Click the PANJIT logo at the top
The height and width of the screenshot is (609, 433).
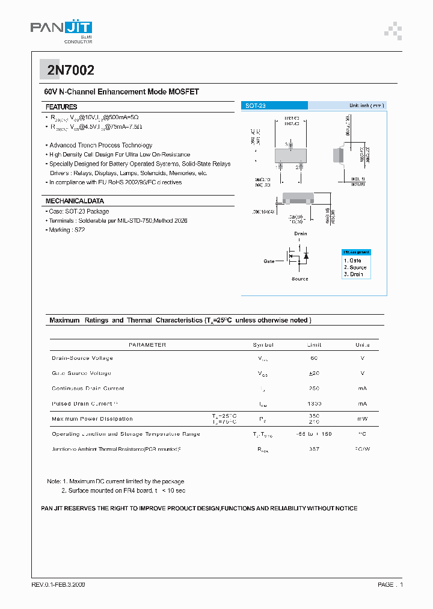[61, 28]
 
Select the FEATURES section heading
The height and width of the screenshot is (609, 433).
[61, 107]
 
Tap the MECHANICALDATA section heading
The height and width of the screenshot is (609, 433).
[75, 201]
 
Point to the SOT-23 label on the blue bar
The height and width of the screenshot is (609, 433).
[256, 106]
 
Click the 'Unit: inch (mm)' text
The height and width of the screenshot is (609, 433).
[366, 106]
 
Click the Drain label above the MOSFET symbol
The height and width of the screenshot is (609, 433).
[300, 233]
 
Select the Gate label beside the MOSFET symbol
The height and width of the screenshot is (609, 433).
[269, 262]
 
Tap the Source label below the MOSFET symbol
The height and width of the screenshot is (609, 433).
[299, 279]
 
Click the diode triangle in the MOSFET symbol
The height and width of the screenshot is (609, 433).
[306, 256]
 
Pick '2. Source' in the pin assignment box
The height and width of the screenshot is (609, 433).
[355, 267]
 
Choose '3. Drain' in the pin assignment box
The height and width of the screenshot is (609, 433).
[354, 274]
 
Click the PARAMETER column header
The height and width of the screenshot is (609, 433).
[147, 345]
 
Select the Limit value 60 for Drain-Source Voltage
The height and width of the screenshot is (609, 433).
[314, 358]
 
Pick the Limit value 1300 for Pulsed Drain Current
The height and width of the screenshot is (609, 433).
[314, 404]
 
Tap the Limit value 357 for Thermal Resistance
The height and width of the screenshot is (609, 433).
[314, 449]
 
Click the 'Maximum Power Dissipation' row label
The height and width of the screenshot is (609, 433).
[92, 419]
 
